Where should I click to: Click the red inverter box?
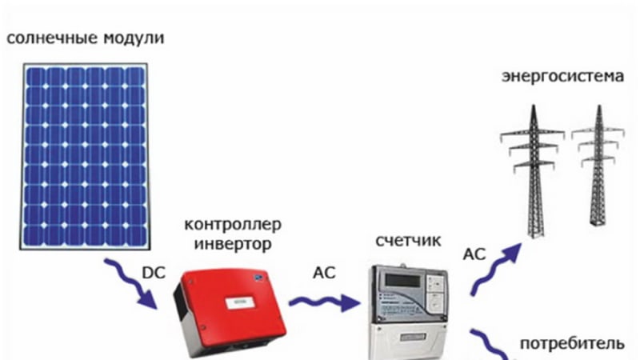pos(232,308)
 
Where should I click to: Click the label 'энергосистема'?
pos(561,78)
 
